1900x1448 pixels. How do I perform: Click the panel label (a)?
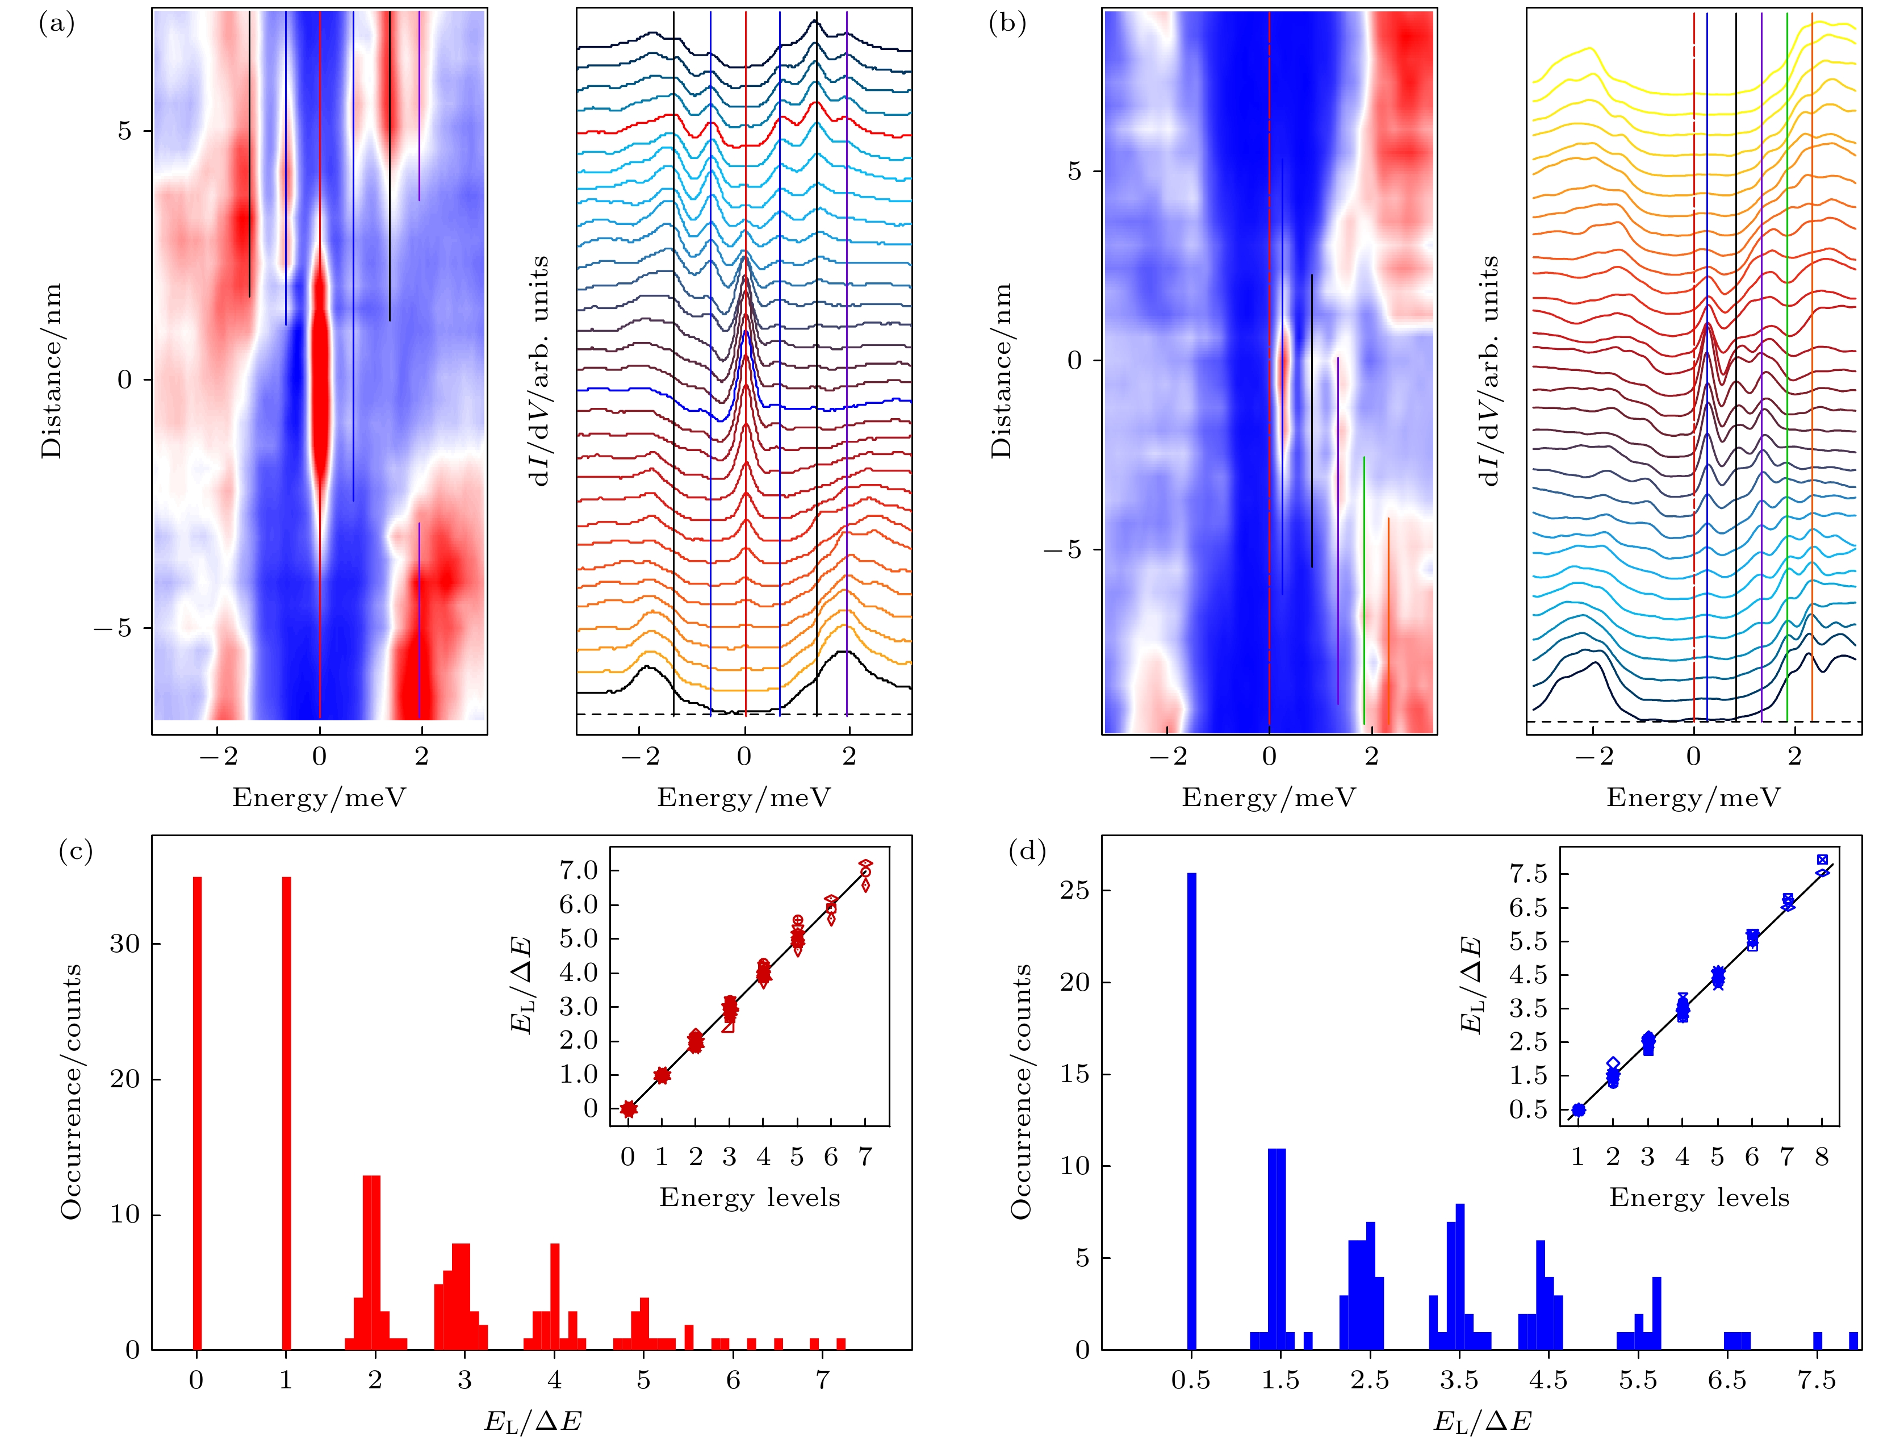pyautogui.click(x=57, y=24)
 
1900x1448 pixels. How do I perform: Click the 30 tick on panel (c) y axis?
pyautogui.click(x=124, y=944)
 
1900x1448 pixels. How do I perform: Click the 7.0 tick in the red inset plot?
pyautogui.click(x=579, y=870)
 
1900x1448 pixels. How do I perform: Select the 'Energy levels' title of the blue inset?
pyautogui.click(x=1699, y=1197)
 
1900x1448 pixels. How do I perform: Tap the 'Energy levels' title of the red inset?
pyautogui.click(x=750, y=1197)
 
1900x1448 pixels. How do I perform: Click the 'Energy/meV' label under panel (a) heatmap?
pyautogui.click(x=319, y=797)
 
